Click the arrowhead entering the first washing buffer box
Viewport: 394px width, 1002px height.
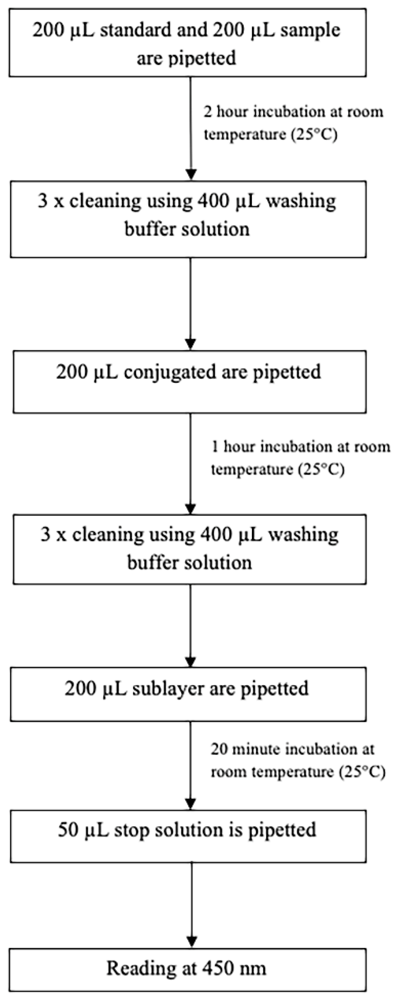(x=191, y=174)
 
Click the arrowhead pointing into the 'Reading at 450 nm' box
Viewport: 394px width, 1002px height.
(x=191, y=942)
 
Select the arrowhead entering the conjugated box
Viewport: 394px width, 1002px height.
(x=191, y=344)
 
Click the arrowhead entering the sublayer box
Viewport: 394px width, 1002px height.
(x=191, y=661)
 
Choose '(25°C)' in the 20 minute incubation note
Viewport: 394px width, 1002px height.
(x=362, y=772)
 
